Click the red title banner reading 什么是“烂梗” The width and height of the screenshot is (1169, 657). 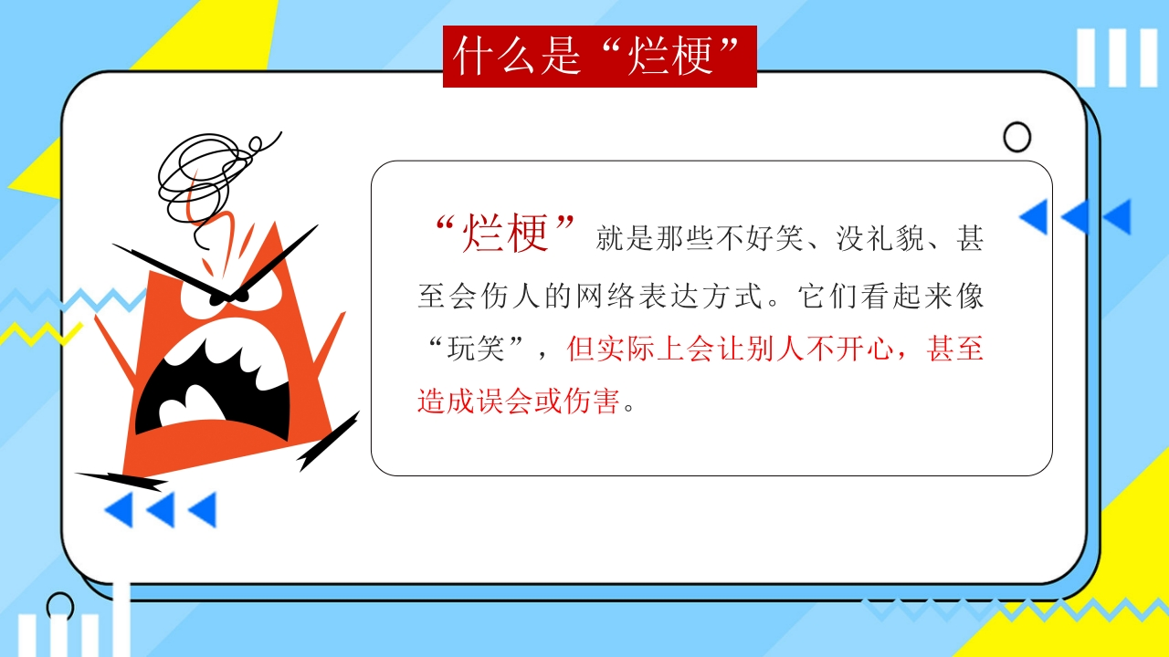click(600, 57)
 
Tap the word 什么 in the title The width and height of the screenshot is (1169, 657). click(493, 56)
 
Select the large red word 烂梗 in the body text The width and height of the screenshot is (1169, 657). click(505, 233)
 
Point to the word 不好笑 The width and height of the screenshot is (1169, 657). click(760, 239)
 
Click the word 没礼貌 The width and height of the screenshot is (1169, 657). click(879, 239)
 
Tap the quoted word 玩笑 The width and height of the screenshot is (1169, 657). click(476, 349)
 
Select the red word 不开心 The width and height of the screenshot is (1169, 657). click(849, 349)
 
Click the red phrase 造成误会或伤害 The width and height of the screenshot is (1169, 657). click(519, 401)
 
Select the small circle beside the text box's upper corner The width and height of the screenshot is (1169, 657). click(1016, 137)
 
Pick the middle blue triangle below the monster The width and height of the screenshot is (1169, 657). click(161, 509)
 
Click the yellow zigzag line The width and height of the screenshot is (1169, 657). click(41, 334)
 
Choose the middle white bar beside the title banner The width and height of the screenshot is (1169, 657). click(1117, 57)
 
